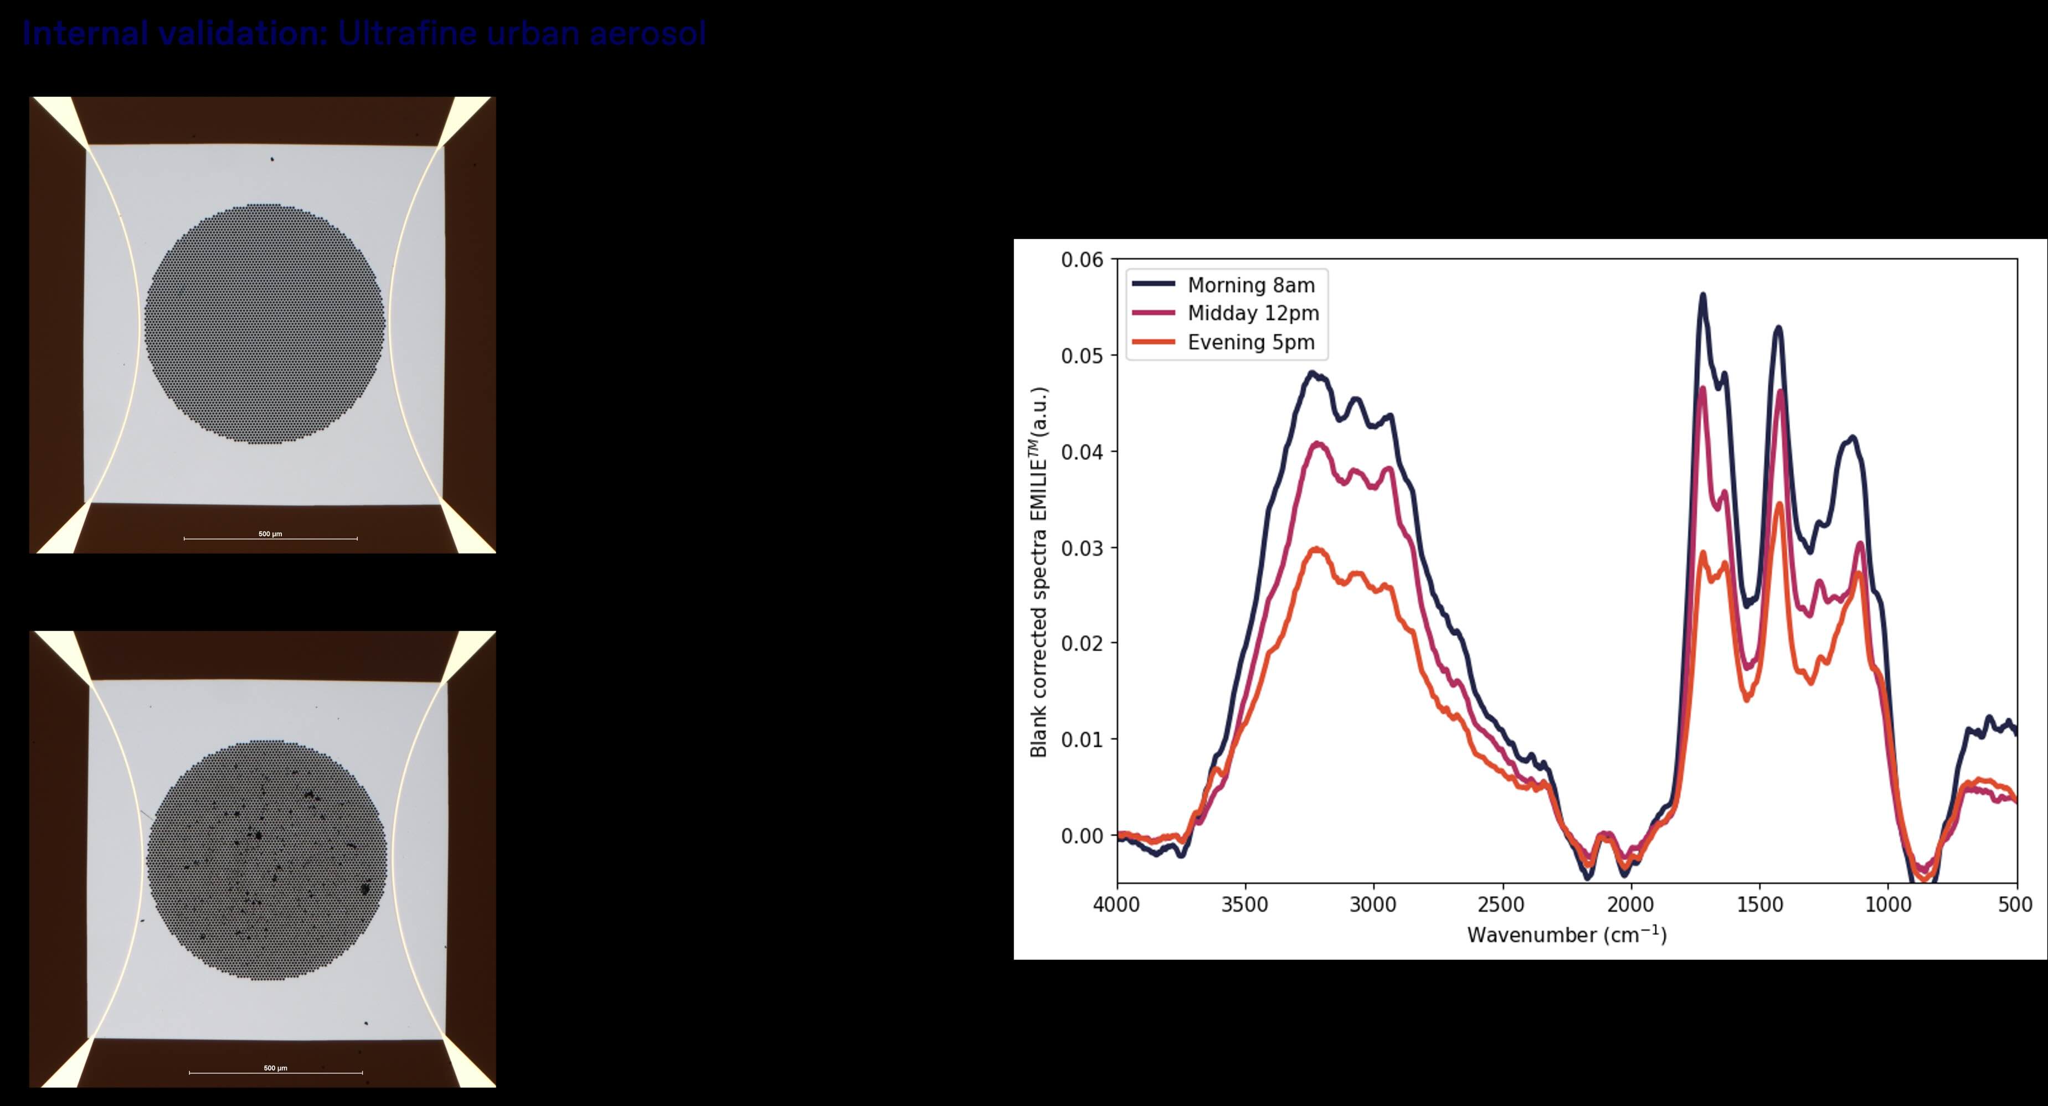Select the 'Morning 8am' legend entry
coord(1251,285)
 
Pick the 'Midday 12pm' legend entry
coord(1253,313)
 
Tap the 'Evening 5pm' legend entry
coord(1251,343)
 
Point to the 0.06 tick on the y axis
coord(1082,260)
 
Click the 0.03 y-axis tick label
coord(1082,547)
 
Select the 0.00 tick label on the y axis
coord(1082,836)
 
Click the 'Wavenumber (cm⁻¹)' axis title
coord(1566,934)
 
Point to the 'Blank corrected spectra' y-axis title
coord(1039,572)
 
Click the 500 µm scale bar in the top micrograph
coord(270,538)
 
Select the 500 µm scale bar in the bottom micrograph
coord(275,1072)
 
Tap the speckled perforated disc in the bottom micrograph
coord(266,860)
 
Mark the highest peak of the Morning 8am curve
coord(1703,295)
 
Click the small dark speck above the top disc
coord(272,159)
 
